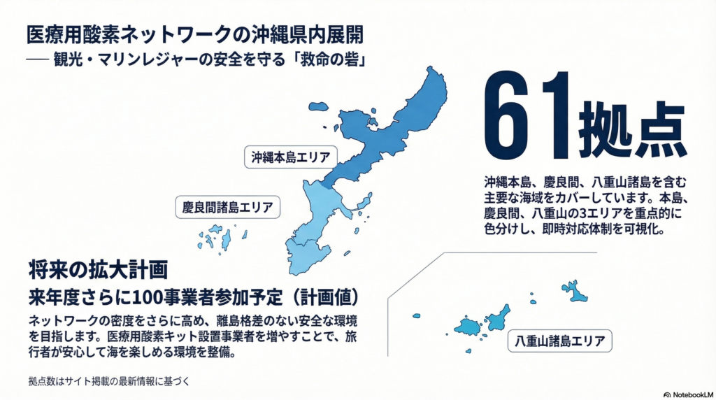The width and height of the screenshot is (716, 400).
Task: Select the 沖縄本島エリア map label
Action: coord(290,157)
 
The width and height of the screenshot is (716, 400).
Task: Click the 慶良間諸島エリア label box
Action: coord(227,208)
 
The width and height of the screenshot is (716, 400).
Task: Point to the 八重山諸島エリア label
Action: coord(560,341)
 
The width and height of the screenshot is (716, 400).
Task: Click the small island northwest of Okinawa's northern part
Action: coord(319,107)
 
